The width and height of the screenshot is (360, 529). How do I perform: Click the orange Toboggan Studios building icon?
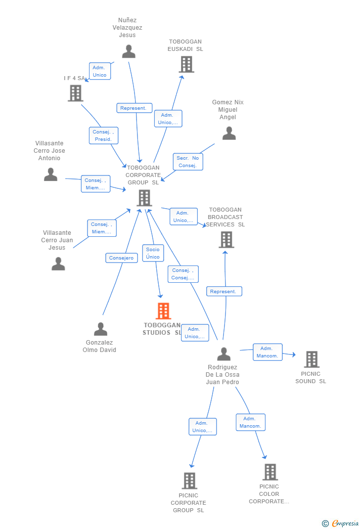163,311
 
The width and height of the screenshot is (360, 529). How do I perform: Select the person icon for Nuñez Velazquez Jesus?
129,51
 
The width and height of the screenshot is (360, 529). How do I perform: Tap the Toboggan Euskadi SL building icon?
186,64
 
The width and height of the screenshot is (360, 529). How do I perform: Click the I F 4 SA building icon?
75,93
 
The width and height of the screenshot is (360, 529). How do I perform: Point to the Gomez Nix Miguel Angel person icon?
228,133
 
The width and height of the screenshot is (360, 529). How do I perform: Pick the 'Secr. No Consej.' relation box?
188,162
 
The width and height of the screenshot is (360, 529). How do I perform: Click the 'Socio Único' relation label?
153,253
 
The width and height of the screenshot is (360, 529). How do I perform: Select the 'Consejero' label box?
121,258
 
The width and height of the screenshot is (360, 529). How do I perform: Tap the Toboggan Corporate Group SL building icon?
144,198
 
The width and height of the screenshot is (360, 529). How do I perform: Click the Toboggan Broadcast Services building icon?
226,240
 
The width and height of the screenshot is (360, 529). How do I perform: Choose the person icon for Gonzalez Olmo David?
100,329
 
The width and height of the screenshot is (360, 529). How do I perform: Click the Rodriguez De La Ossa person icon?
224,354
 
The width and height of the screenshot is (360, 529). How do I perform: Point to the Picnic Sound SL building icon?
312,359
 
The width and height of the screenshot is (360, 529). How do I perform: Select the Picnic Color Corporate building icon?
270,472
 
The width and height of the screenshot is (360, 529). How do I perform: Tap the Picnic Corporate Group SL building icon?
189,481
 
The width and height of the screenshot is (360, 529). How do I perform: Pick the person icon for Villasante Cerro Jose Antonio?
50,174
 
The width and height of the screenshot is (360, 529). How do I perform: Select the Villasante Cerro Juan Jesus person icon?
58,264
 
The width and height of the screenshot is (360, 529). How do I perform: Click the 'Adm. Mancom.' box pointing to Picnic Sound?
268,352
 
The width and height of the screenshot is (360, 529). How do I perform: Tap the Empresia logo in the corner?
340,523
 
